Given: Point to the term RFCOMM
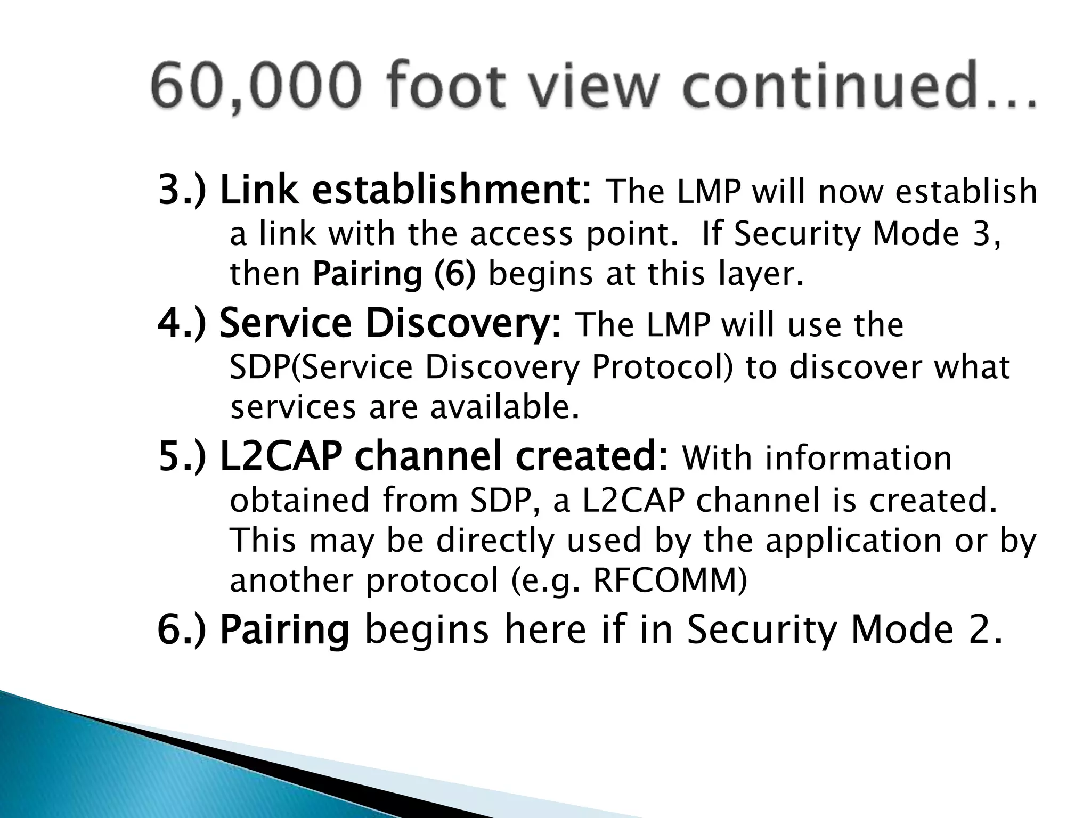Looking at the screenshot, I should (669, 580).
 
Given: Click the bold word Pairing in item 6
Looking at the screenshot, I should (284, 629).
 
